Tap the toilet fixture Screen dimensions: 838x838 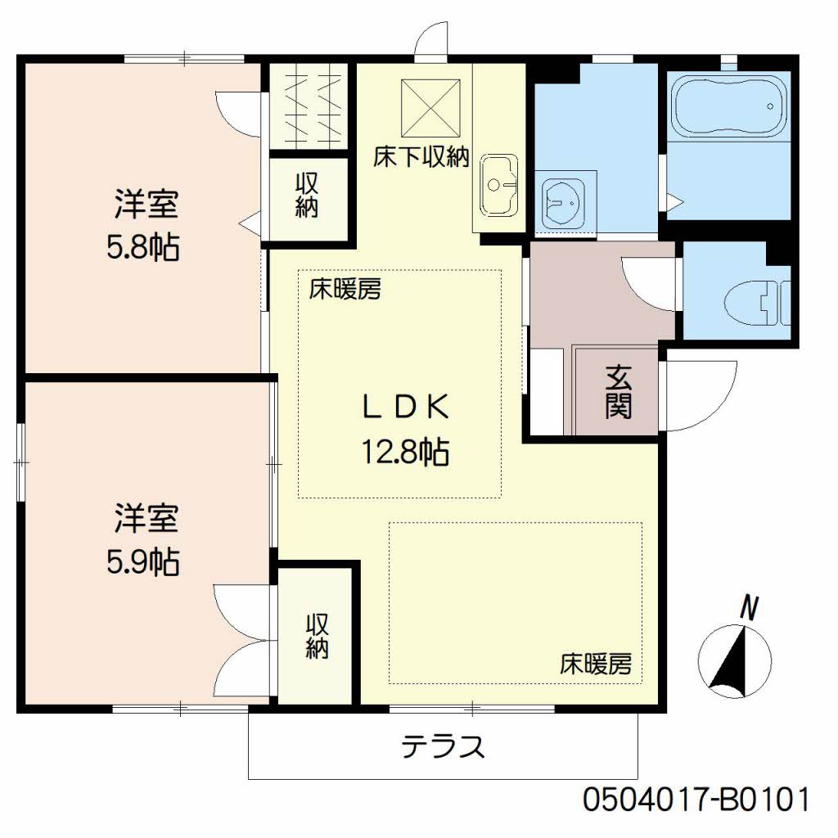(759, 303)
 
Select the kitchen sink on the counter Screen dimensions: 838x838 (498, 186)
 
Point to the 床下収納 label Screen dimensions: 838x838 (421, 157)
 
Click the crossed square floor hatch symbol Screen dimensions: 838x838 (430, 109)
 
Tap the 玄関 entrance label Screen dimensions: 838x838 (619, 392)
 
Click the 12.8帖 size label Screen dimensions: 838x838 (405, 452)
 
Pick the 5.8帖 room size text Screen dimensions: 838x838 (143, 247)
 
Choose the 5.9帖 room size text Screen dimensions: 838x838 (143, 561)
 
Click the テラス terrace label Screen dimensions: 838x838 (443, 746)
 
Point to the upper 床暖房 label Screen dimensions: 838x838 (345, 290)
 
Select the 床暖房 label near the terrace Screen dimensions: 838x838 (596, 665)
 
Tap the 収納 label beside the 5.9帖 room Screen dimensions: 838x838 (317, 636)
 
